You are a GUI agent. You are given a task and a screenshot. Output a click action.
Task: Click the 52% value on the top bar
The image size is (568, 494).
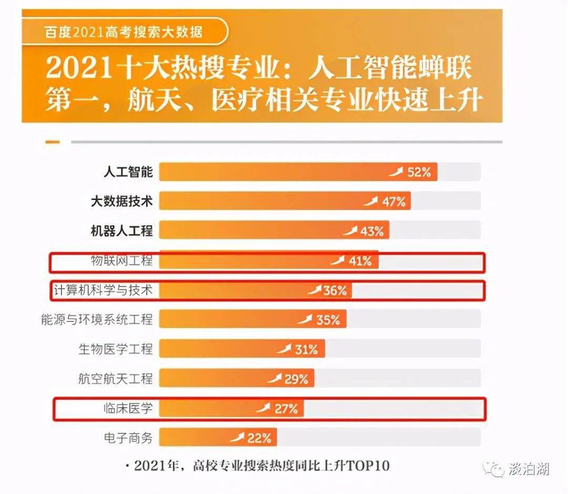[419, 172]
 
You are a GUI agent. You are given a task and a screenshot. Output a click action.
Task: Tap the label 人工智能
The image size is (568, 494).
[128, 172]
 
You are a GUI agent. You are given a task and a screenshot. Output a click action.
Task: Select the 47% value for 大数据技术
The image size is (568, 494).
[393, 201]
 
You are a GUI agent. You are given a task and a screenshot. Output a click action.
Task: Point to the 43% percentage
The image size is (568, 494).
[372, 230]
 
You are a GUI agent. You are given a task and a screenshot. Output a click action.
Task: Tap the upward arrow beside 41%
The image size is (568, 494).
[337, 260]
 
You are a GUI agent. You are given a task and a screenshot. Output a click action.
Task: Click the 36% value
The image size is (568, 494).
[335, 290]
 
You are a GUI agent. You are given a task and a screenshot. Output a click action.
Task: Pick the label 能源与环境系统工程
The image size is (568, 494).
[97, 319]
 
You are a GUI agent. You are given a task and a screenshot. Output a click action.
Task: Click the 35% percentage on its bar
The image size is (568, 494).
[328, 319]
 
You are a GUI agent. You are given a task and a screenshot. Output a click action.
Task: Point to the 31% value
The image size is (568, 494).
[306, 349]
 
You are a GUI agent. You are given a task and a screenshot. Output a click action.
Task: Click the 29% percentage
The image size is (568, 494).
[296, 378]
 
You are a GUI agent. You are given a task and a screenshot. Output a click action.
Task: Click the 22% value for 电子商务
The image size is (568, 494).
[259, 437]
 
